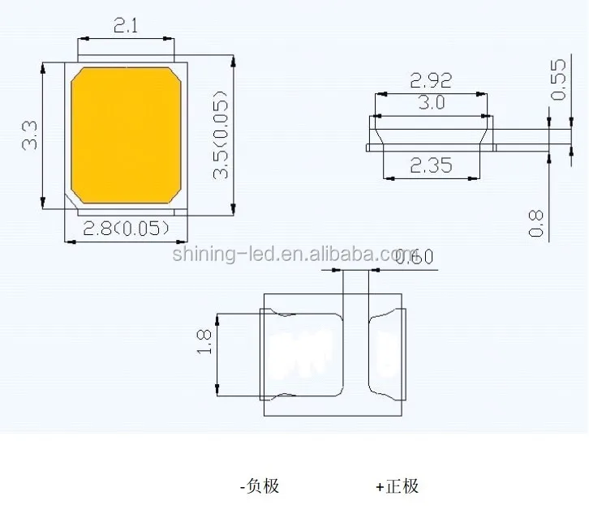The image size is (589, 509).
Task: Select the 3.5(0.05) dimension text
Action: (221, 135)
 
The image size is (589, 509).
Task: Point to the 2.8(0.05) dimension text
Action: (127, 229)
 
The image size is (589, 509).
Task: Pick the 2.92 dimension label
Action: (431, 80)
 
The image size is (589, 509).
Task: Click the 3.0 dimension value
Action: (431, 103)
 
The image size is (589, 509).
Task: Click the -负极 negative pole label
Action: (260, 486)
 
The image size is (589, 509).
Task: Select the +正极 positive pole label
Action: (398, 486)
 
